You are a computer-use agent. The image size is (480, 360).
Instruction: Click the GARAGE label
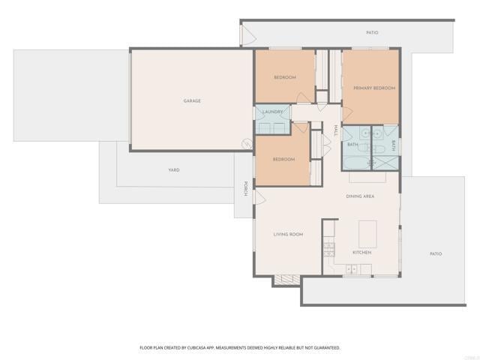click(192, 100)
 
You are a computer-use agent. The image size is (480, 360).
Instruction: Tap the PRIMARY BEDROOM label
click(374, 88)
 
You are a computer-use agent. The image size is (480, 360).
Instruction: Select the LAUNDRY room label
click(272, 112)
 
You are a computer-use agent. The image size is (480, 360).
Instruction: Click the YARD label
click(173, 170)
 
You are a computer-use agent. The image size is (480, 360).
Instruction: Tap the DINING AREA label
click(360, 196)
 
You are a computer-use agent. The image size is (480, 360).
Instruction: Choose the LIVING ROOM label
click(288, 235)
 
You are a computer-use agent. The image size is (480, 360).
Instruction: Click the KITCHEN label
click(362, 252)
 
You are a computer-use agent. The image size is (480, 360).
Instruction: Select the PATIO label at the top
click(372, 33)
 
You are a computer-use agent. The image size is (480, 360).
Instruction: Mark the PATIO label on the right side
click(436, 253)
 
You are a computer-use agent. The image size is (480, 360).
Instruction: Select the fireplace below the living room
click(284, 280)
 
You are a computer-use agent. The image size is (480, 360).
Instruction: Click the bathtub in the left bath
click(356, 162)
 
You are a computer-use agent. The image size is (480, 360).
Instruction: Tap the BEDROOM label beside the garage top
click(284, 78)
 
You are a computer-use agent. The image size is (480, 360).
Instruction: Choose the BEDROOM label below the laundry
click(283, 159)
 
